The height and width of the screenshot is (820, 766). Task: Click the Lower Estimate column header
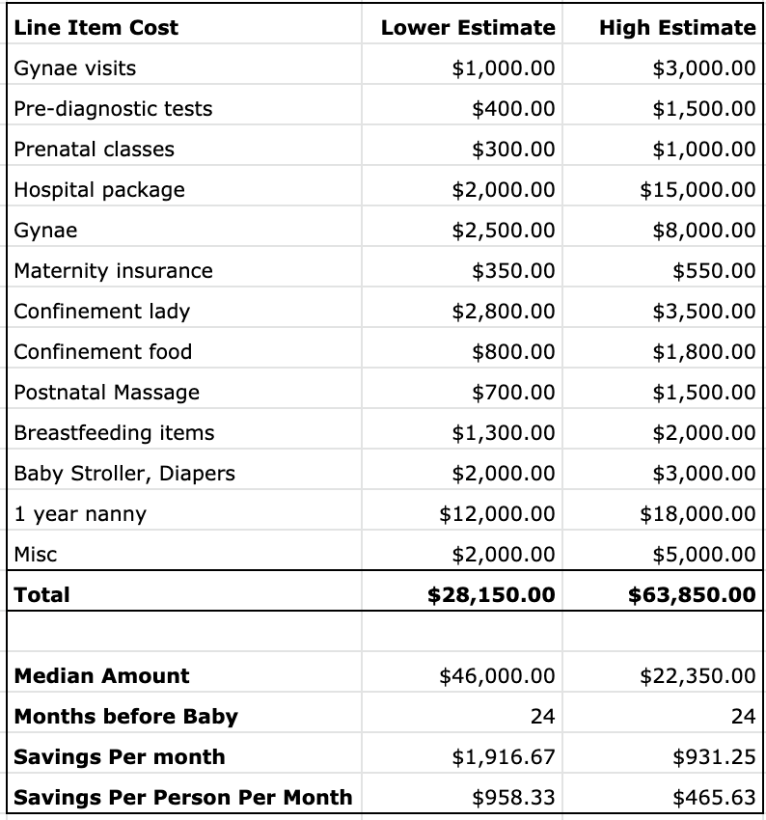click(468, 28)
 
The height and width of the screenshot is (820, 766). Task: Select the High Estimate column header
click(676, 28)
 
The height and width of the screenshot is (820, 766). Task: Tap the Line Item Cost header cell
click(96, 28)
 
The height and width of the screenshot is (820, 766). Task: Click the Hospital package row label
click(99, 190)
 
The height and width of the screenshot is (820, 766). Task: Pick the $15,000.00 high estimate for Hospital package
click(698, 190)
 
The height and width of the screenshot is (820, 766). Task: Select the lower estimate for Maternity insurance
click(513, 271)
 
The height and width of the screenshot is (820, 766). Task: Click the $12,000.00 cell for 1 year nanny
click(497, 514)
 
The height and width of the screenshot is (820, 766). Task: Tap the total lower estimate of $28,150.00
click(491, 594)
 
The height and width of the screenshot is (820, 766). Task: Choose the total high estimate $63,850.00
click(692, 594)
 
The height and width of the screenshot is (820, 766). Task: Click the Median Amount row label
click(102, 676)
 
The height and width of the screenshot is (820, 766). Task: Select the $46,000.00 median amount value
click(497, 676)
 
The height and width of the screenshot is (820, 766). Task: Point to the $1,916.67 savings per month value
click(504, 757)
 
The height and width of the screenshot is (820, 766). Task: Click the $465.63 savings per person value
click(714, 798)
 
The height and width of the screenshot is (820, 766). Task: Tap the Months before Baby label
click(125, 717)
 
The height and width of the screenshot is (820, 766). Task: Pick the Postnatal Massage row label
click(107, 393)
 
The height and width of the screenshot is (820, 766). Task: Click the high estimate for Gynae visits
click(703, 68)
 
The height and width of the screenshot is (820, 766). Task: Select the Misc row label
click(36, 555)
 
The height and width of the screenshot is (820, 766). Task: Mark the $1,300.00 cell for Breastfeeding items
click(504, 433)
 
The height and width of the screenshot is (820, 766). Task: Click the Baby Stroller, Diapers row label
click(124, 474)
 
